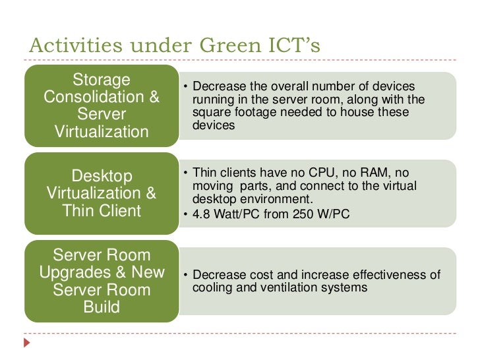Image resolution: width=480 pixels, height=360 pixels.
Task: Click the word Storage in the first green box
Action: coord(101,80)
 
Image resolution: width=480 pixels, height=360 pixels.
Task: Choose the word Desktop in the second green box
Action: coord(101,176)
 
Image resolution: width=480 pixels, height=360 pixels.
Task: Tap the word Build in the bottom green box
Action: coord(101,307)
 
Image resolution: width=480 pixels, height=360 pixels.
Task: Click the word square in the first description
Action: coord(209,112)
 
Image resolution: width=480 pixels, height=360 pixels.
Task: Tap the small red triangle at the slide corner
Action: coord(27,343)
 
